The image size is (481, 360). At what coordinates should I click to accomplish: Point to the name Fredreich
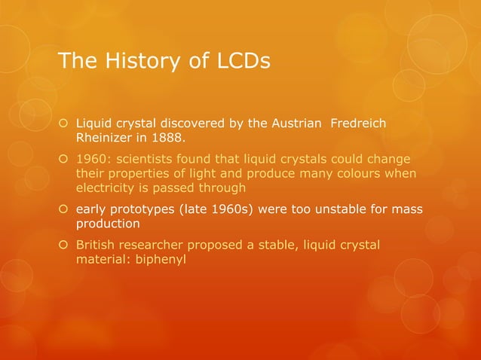359,124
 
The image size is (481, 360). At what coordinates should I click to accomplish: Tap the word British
96,246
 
